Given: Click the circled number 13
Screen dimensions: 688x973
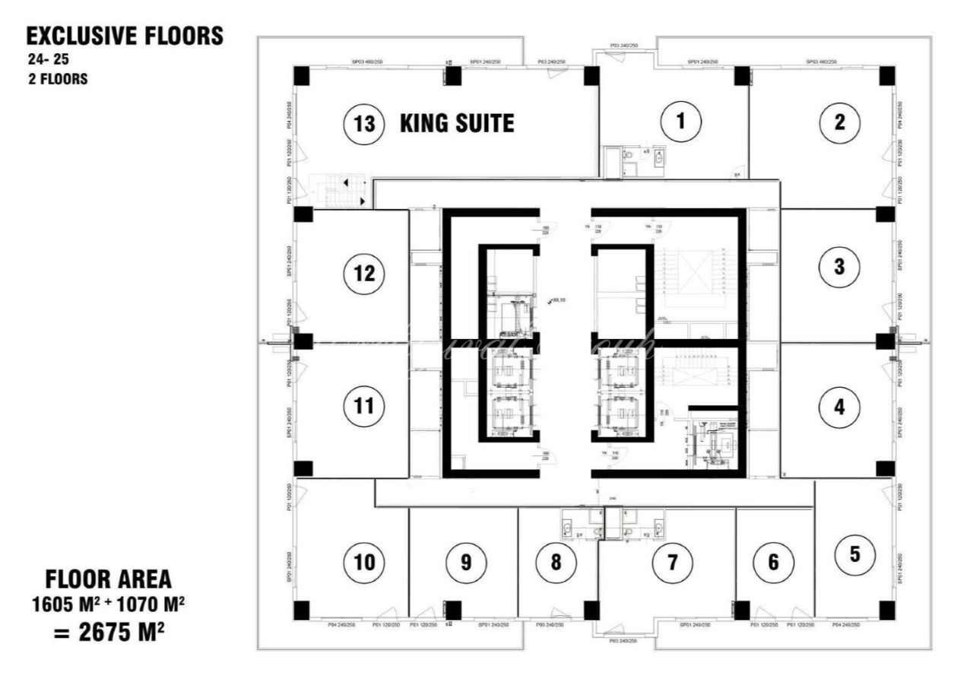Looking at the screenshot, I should pos(365,123).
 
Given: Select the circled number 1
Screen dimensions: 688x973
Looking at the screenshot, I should pos(681,121).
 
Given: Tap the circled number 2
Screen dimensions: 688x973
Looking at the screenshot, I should pos(839,122).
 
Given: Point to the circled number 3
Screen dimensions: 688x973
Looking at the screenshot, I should pos(839,267).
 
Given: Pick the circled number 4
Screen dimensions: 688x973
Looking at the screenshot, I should pos(838,407).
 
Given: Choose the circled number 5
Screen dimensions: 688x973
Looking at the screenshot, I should pos(855,554).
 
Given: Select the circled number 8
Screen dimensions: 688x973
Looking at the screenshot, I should pos(556,563).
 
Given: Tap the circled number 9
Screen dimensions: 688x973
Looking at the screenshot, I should pos(466,563).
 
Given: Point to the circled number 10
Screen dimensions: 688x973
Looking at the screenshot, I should pos(364,563).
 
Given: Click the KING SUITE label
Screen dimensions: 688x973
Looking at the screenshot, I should pos(457,123).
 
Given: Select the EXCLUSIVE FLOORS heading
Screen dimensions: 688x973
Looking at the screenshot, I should pos(125,36).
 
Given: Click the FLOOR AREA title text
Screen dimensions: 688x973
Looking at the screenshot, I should pos(109,581).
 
